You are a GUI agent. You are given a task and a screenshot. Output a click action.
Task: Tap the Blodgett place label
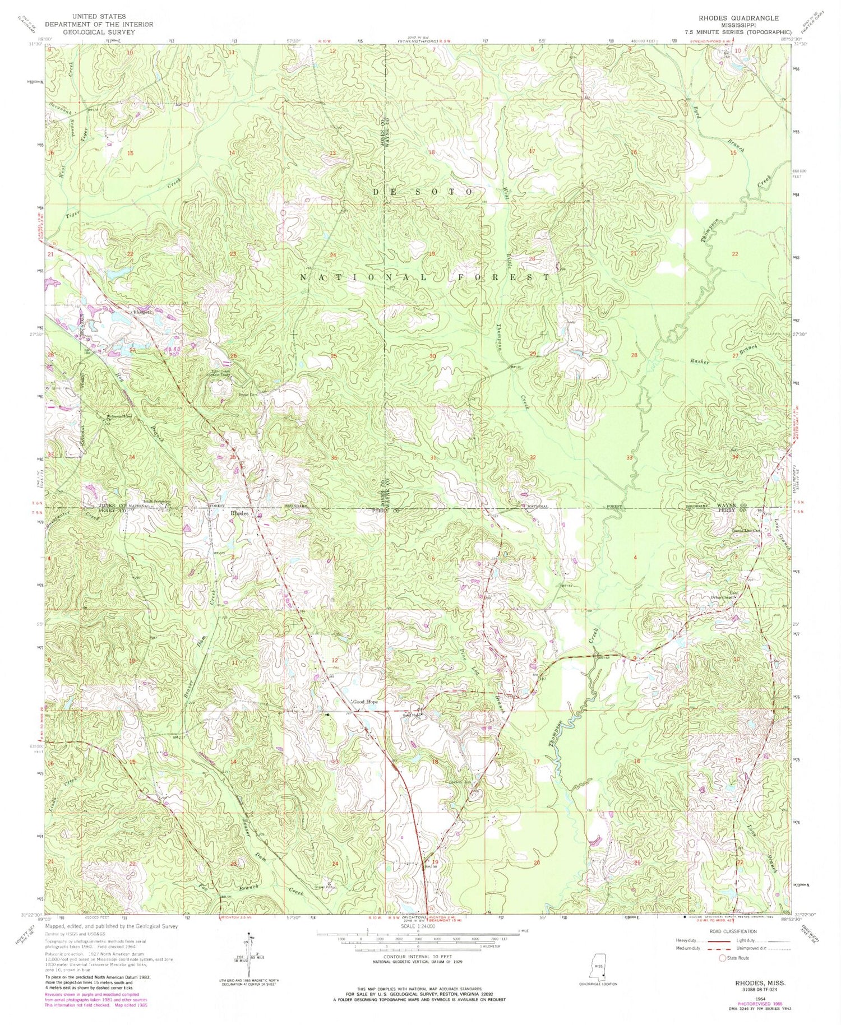(x=142, y=311)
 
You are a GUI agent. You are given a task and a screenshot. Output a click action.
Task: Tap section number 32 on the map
(x=533, y=457)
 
